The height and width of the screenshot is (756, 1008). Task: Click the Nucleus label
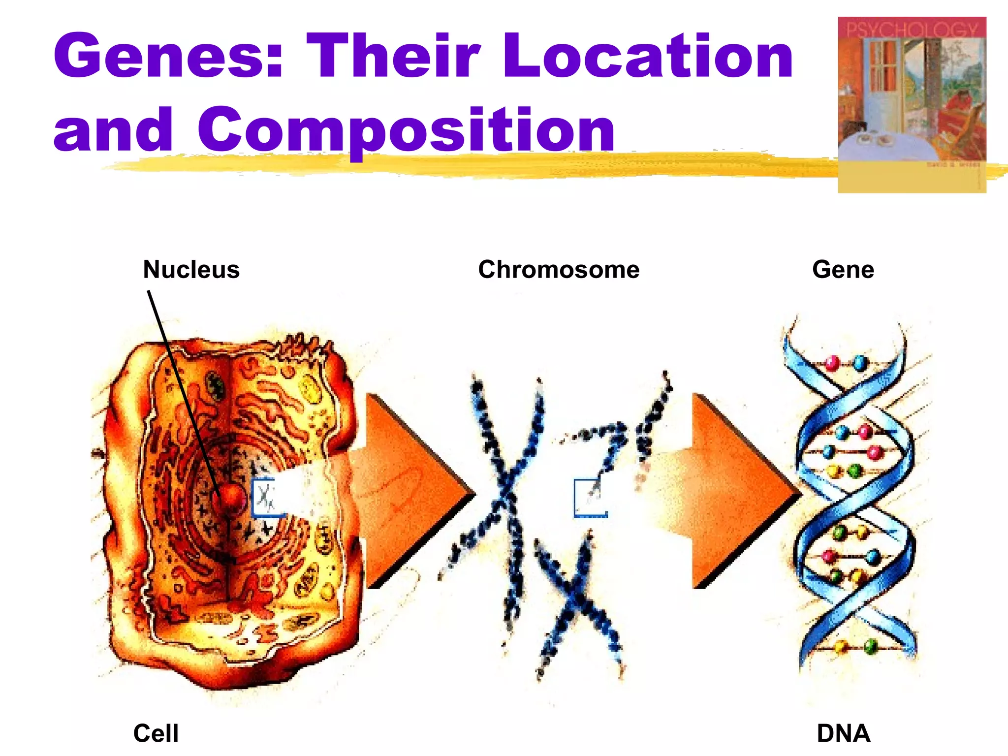tap(191, 270)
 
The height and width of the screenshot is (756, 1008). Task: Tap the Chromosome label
tap(559, 270)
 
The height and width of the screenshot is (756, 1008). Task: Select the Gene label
tap(843, 270)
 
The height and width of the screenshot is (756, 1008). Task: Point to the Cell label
tap(156, 733)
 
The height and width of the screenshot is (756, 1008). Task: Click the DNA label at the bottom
tap(844, 733)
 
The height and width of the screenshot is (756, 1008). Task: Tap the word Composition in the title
tap(406, 130)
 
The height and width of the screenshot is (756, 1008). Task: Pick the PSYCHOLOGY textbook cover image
tap(912, 104)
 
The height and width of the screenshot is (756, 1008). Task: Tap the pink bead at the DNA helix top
tap(832, 363)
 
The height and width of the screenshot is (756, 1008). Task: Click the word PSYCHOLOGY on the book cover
tap(912, 30)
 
